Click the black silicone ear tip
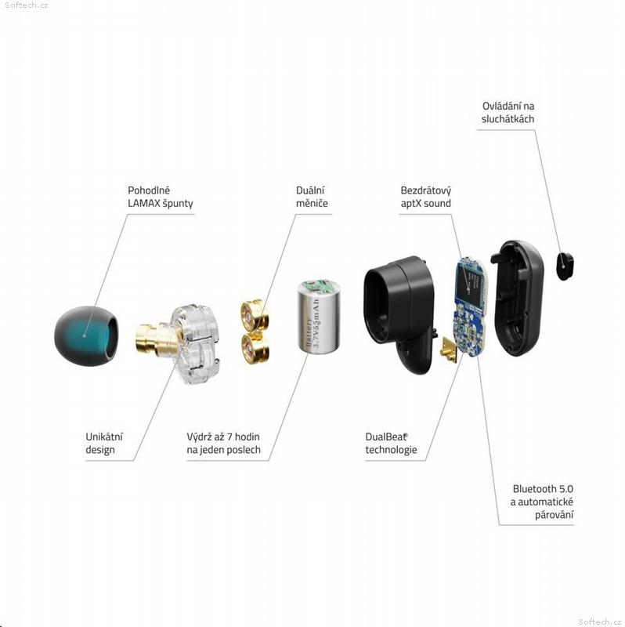tap(86, 335)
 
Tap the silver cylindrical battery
tap(319, 317)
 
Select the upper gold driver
tap(255, 315)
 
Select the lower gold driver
tap(255, 348)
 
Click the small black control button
tap(565, 266)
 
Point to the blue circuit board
tap(470, 306)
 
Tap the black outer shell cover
tap(518, 298)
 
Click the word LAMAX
tap(143, 204)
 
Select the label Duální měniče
tap(312, 197)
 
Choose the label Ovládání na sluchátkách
tap(508, 112)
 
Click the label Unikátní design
tap(104, 443)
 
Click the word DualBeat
tap(385, 437)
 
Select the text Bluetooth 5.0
tap(543, 489)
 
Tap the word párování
tap(554, 515)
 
